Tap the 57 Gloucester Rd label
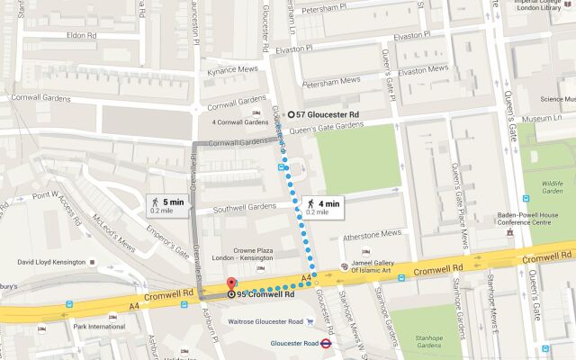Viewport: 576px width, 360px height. [328, 115]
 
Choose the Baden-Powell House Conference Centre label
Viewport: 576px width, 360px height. [536, 220]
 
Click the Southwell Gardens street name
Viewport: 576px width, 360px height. [237, 206]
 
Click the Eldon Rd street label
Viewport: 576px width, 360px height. [80, 35]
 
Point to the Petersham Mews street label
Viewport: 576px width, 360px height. [330, 80]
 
